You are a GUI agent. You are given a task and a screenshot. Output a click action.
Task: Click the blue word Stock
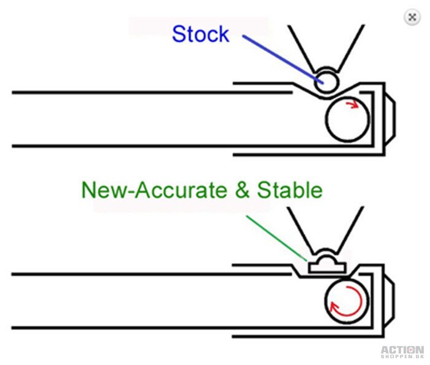click(x=200, y=34)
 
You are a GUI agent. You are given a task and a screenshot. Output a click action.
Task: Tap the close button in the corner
click(x=412, y=17)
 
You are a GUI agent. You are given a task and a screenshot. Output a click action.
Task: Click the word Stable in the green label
click(x=289, y=190)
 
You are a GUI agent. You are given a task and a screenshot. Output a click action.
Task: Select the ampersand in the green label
click(x=243, y=190)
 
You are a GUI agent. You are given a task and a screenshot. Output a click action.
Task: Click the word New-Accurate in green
click(x=154, y=190)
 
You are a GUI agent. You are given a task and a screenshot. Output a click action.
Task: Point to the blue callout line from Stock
click(x=283, y=59)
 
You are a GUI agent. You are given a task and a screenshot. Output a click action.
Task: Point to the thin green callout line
click(x=276, y=238)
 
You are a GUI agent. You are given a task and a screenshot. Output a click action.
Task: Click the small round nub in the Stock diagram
click(x=326, y=82)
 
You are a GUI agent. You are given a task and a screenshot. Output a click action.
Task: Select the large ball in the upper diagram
click(x=348, y=119)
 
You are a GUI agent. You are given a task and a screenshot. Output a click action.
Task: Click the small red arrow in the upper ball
click(x=353, y=104)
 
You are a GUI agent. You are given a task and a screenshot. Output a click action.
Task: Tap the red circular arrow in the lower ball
click(x=346, y=301)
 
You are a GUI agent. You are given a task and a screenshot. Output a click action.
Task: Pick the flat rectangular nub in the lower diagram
click(x=327, y=267)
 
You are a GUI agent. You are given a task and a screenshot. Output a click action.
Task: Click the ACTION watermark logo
click(x=402, y=350)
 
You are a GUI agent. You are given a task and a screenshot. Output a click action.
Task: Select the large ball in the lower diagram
click(x=347, y=301)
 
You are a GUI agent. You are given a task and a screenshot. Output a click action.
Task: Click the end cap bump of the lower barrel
click(x=389, y=301)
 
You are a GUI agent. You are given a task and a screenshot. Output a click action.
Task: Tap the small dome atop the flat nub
click(x=327, y=258)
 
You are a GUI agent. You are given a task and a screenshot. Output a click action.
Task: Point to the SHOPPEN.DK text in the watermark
click(x=402, y=356)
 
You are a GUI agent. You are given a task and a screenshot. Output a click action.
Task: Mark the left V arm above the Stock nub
click(x=301, y=48)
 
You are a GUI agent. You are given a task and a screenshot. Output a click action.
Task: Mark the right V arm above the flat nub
click(x=351, y=230)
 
